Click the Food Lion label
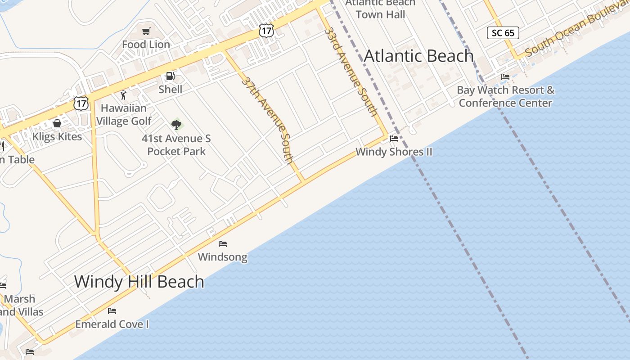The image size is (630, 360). (x=146, y=45)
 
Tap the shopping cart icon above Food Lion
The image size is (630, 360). (x=146, y=31)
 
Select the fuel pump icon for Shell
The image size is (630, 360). (x=170, y=76)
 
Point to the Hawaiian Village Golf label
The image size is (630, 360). (x=124, y=115)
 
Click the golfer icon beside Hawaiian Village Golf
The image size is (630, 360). (x=123, y=95)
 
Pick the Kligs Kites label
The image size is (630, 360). (x=57, y=137)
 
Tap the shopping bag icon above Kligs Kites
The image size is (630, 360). (x=57, y=123)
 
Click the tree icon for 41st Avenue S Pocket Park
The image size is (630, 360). (x=176, y=125)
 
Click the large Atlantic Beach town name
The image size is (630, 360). (x=418, y=56)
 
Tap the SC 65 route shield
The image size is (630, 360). (x=503, y=33)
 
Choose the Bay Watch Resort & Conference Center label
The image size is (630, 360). (x=505, y=96)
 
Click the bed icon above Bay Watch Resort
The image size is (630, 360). (x=505, y=77)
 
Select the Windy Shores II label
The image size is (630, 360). (x=394, y=152)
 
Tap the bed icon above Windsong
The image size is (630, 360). (x=223, y=244)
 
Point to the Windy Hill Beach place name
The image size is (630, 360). (x=139, y=282)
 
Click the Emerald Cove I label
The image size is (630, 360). (x=112, y=324)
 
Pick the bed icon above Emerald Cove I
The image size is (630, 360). (x=112, y=311)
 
